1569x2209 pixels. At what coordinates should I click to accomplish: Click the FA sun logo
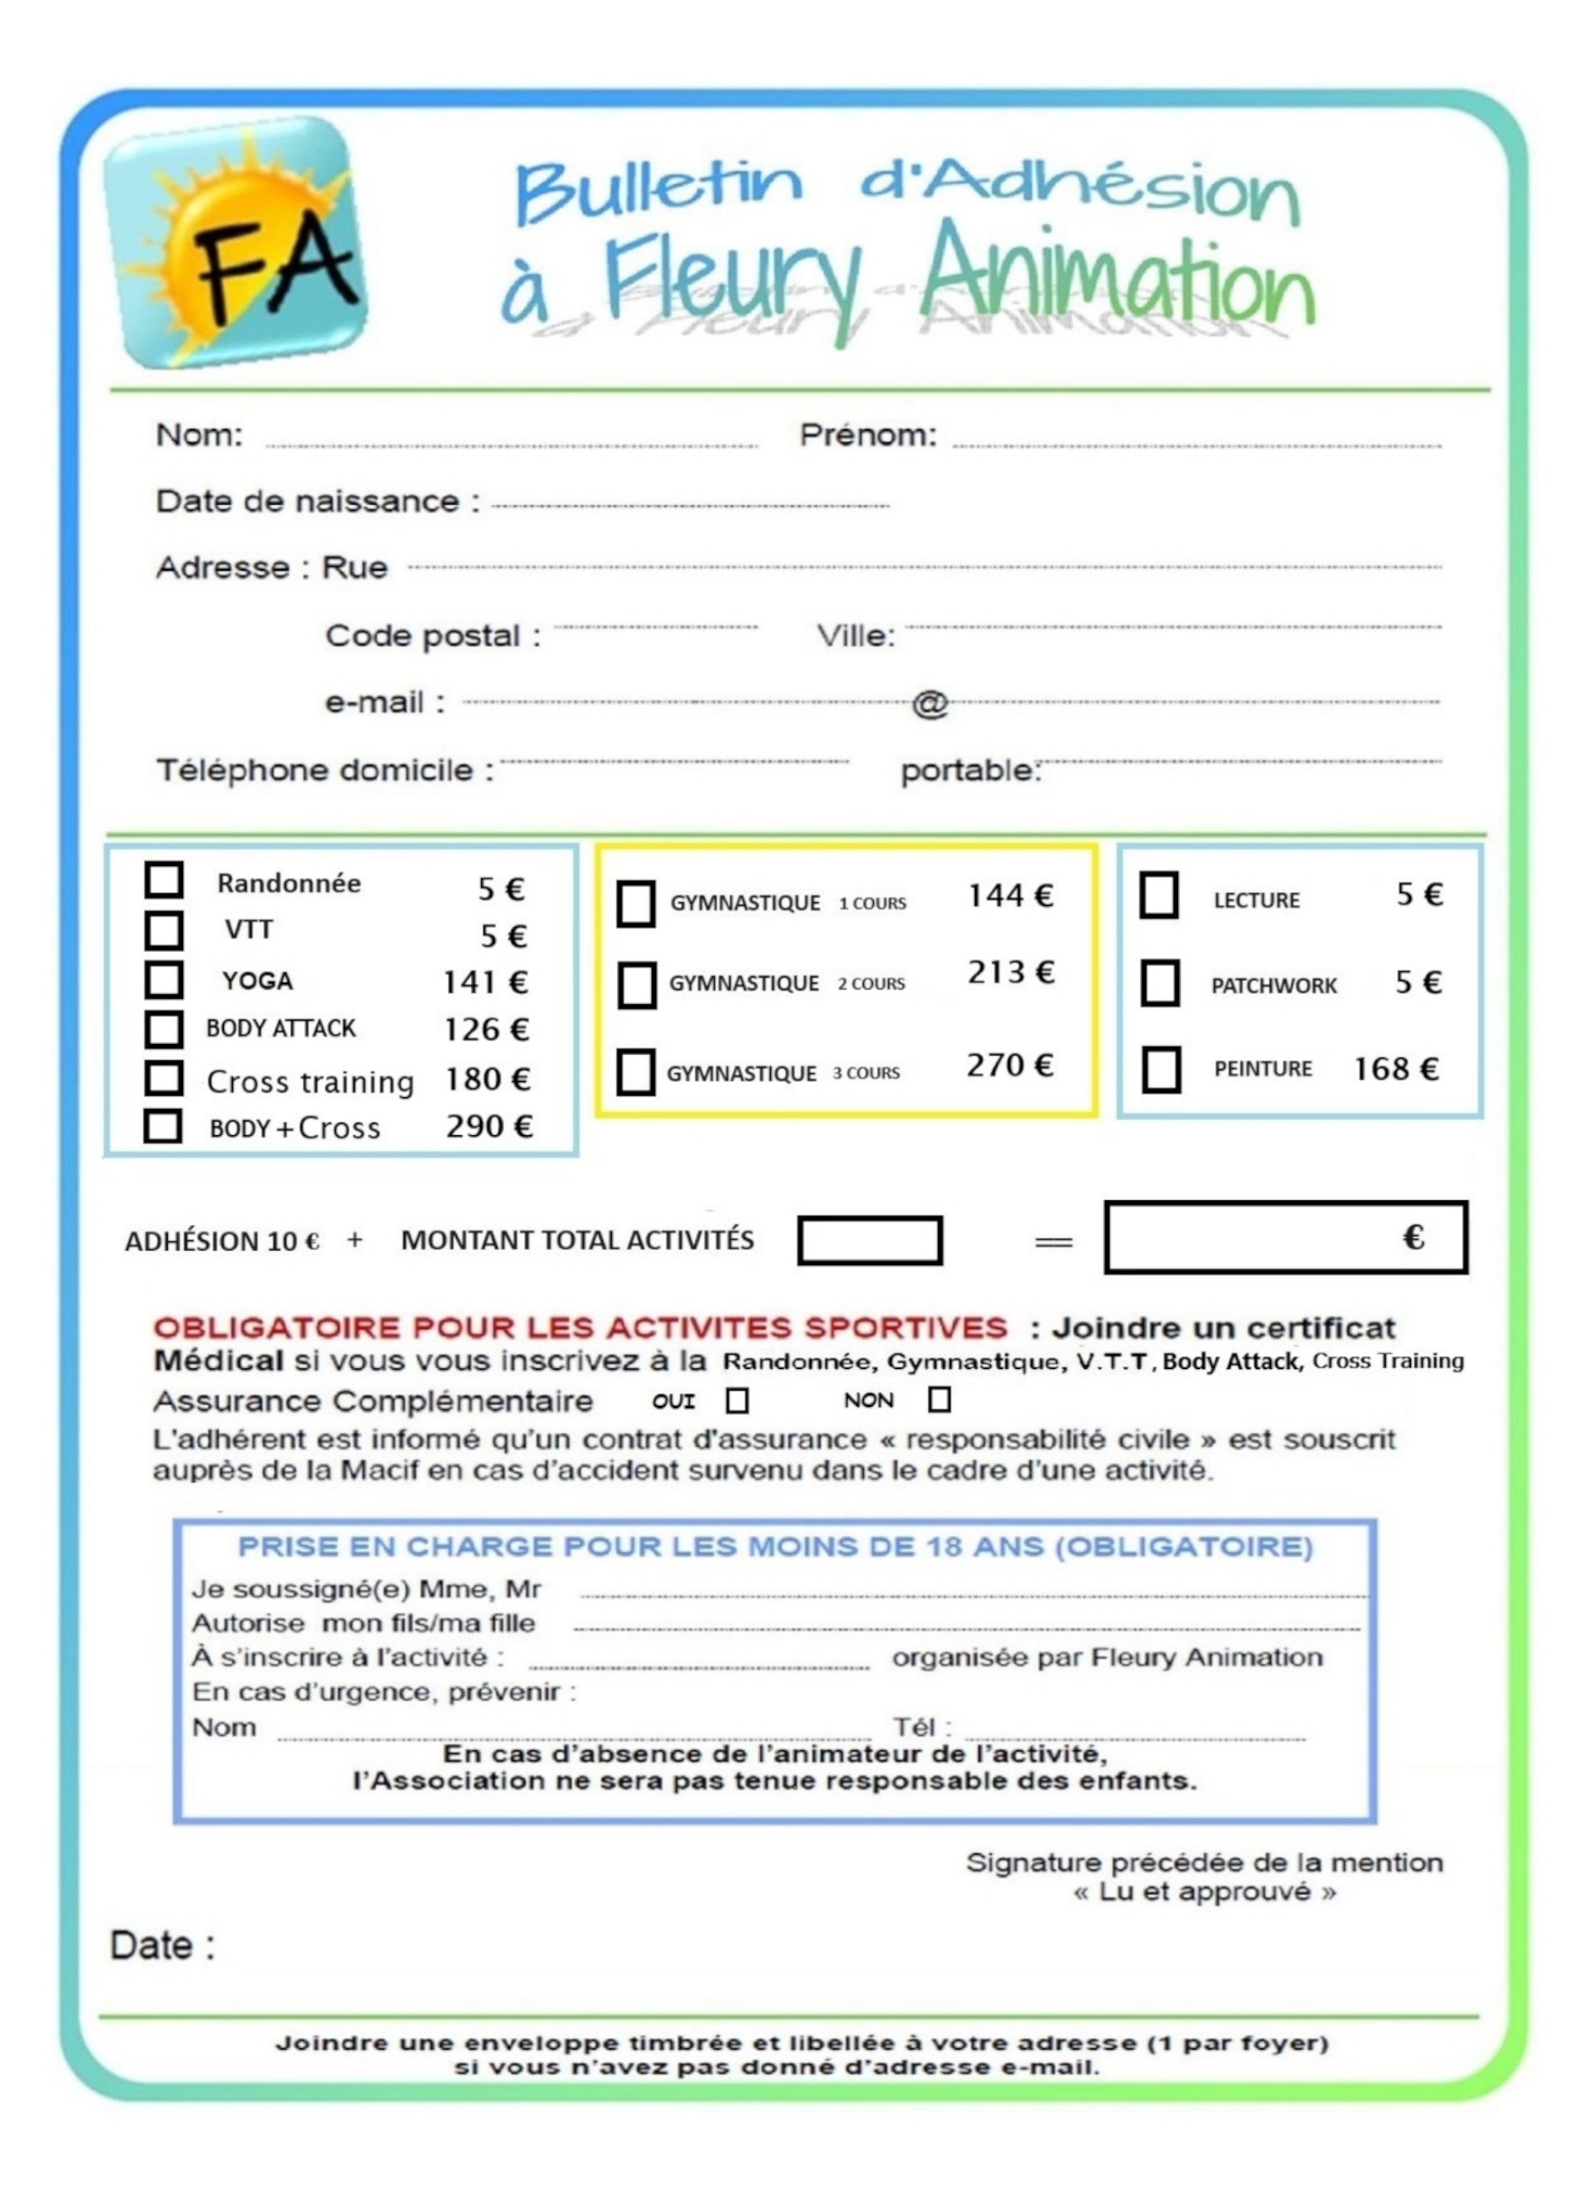pyautogui.click(x=235, y=244)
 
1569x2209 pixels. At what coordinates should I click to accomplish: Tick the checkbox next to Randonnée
pyautogui.click(x=163, y=880)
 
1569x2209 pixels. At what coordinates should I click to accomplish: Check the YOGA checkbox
pyautogui.click(x=163, y=979)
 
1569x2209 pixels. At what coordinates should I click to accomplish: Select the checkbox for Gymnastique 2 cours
pyautogui.click(x=636, y=984)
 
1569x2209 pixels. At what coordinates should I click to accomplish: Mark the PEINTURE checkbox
pyautogui.click(x=1160, y=1069)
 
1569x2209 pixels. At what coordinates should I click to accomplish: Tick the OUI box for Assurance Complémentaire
pyautogui.click(x=738, y=1400)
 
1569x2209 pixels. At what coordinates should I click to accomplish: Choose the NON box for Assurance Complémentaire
pyautogui.click(x=939, y=1399)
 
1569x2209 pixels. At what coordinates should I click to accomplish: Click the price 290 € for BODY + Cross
pyautogui.click(x=489, y=1127)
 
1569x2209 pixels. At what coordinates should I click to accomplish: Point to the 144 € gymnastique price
pyautogui.click(x=1009, y=896)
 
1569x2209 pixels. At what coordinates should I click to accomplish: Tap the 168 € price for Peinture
pyautogui.click(x=1396, y=1068)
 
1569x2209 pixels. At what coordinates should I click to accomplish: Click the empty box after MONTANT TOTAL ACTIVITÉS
pyautogui.click(x=869, y=1241)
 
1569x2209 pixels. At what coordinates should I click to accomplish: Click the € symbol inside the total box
pyautogui.click(x=1414, y=1238)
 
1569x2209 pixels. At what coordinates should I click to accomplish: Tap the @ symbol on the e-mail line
pyautogui.click(x=930, y=704)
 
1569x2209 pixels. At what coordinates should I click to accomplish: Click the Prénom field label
pyautogui.click(x=868, y=436)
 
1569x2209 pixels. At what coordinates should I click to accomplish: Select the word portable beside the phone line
pyautogui.click(x=969, y=771)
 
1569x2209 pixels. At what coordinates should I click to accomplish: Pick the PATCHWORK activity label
pyautogui.click(x=1274, y=985)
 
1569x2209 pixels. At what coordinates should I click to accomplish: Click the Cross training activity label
pyautogui.click(x=311, y=1081)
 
